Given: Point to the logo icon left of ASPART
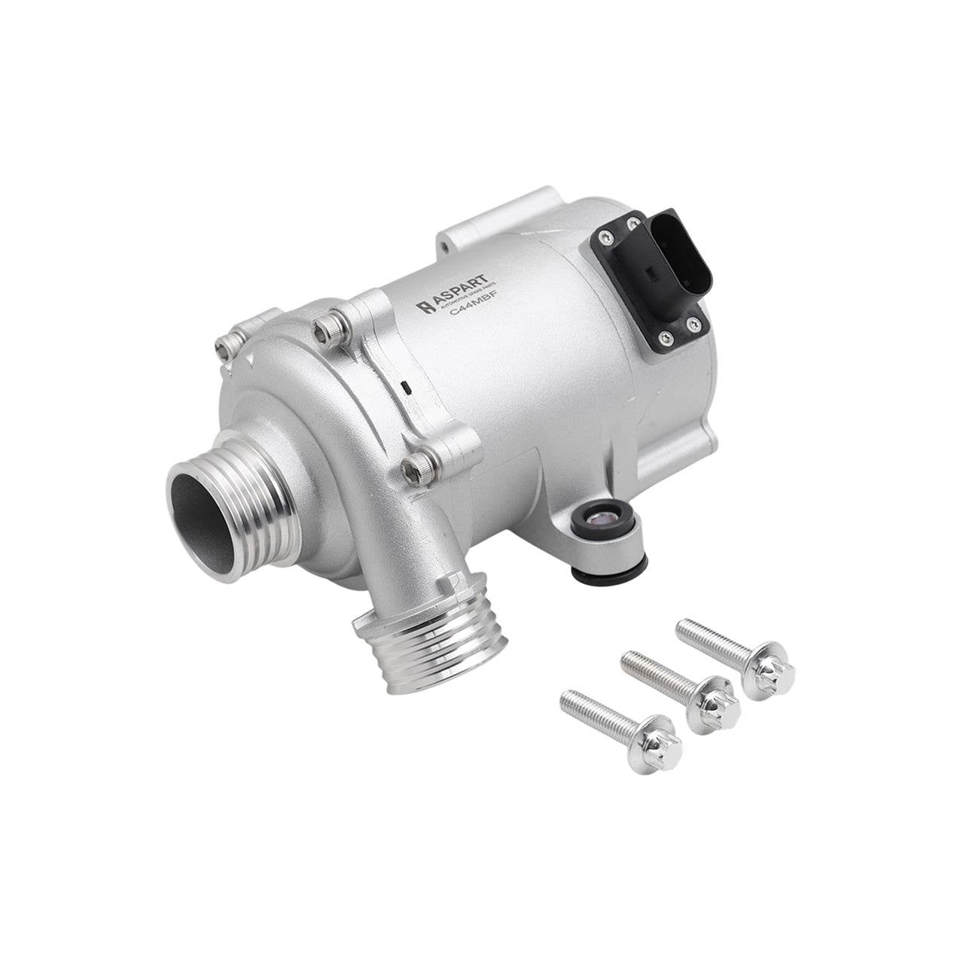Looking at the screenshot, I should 425,306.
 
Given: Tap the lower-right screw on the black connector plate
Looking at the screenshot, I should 693,324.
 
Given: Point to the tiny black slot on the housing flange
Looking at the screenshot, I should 406,388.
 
